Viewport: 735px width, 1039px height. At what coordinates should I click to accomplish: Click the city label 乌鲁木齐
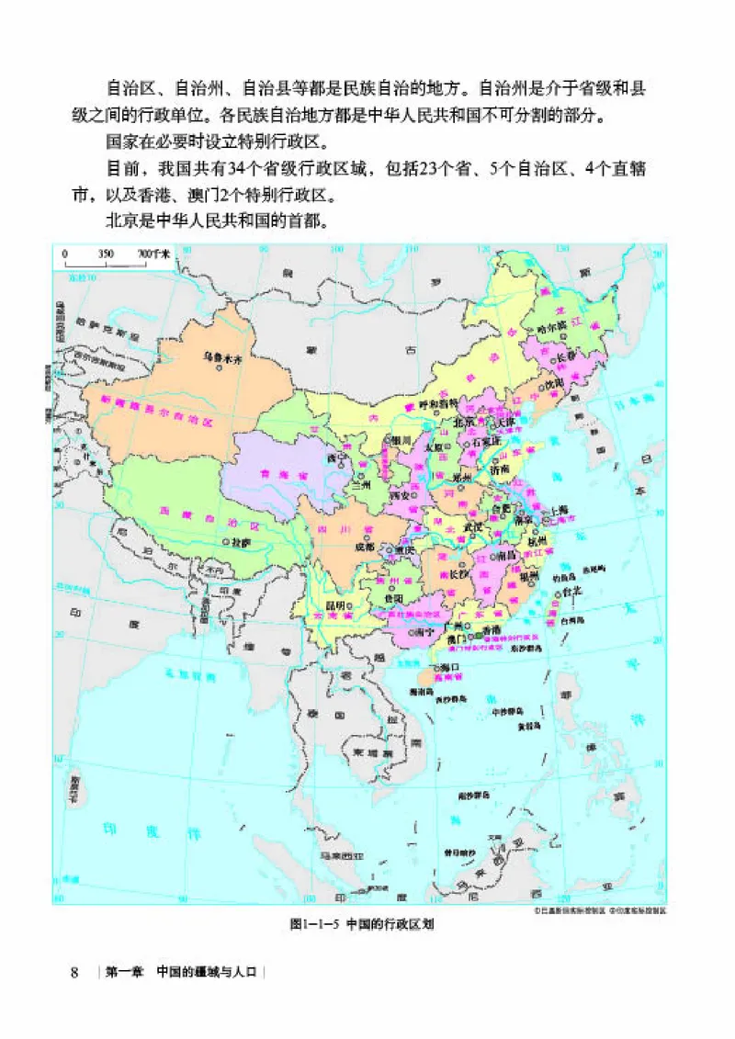coord(221,353)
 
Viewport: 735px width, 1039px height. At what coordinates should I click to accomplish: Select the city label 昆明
coord(336,605)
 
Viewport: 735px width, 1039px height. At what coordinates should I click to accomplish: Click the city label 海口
coord(449,667)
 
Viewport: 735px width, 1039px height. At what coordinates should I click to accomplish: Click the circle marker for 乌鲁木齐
coord(219,365)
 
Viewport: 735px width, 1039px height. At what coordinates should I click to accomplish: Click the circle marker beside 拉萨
coord(225,543)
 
